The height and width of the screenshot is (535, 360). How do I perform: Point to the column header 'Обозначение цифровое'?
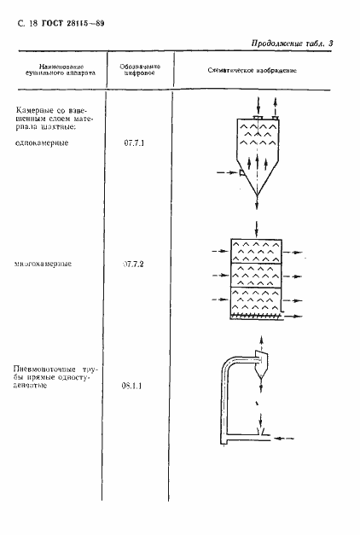133,69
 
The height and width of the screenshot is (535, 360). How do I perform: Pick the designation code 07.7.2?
134,265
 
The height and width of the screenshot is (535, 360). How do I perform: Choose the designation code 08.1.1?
134,386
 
